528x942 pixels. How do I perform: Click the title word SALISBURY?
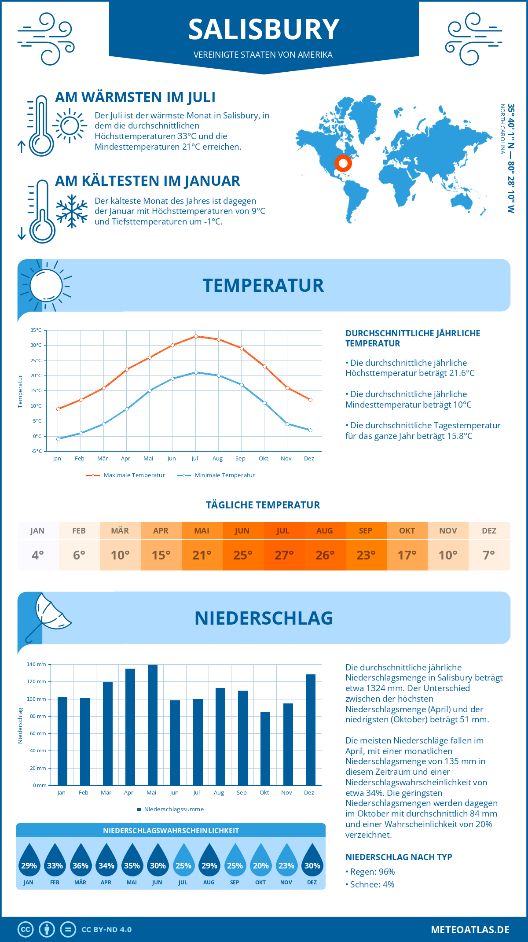coord(264,29)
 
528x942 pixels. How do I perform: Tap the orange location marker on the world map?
coord(343,163)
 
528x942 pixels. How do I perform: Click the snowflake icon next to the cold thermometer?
coord(72,211)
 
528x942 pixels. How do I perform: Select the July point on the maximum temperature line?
coord(196,336)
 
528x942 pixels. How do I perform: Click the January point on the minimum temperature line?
coord(58,439)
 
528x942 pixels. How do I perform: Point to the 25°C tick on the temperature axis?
coord(36,361)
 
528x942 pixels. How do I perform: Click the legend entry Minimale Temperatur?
coord(224,475)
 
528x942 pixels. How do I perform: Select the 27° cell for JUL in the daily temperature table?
coord(284,555)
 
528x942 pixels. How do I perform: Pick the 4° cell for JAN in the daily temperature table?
coord(38,555)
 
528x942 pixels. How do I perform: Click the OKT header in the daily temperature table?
coord(407,531)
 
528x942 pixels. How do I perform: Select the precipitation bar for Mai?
coord(153,725)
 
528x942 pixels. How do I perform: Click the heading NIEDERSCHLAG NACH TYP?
coord(399,857)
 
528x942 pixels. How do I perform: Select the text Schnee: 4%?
coord(372,884)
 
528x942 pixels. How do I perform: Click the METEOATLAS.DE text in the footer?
coord(470,930)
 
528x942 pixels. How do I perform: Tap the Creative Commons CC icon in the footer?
coord(26,929)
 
